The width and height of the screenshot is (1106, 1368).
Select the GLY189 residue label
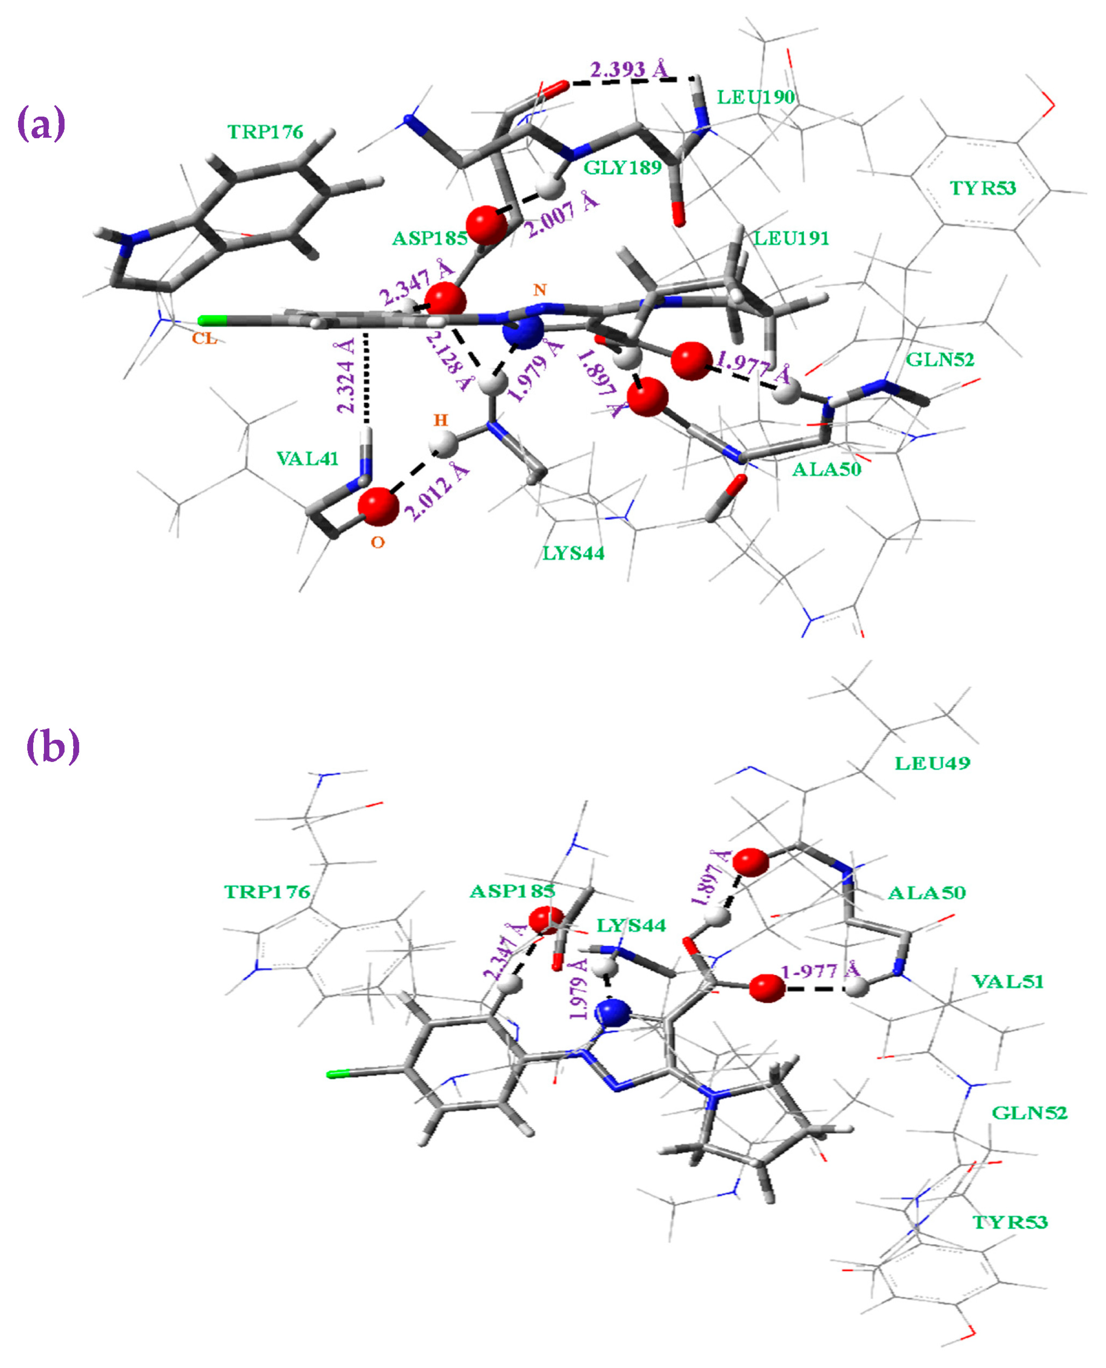pyautogui.click(x=623, y=167)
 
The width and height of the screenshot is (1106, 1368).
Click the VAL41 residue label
pyautogui.click(x=307, y=458)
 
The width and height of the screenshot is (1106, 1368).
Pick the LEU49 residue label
pyautogui.click(x=932, y=763)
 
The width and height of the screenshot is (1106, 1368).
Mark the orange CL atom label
pyautogui.click(x=205, y=338)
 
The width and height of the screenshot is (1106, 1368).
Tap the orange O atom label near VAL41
pyautogui.click(x=378, y=543)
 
